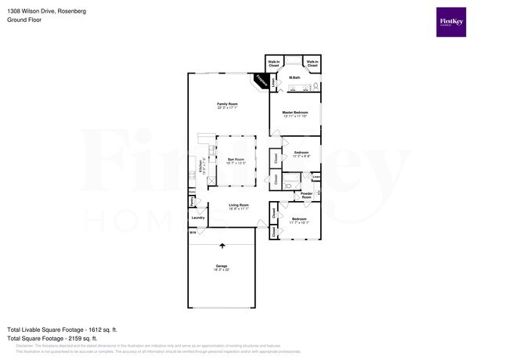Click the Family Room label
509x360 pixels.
click(x=227, y=106)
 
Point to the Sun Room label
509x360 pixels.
click(x=236, y=161)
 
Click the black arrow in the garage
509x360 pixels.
click(x=222, y=246)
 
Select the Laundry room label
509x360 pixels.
click(x=197, y=218)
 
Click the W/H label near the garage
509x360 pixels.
click(x=192, y=232)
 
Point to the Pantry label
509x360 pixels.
click(x=192, y=201)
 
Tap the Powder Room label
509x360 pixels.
click(x=306, y=194)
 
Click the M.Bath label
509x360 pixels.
click(x=295, y=77)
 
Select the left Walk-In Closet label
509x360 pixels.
click(x=274, y=63)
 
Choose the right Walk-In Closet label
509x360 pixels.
click(x=312, y=63)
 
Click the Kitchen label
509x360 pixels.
click(x=200, y=167)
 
